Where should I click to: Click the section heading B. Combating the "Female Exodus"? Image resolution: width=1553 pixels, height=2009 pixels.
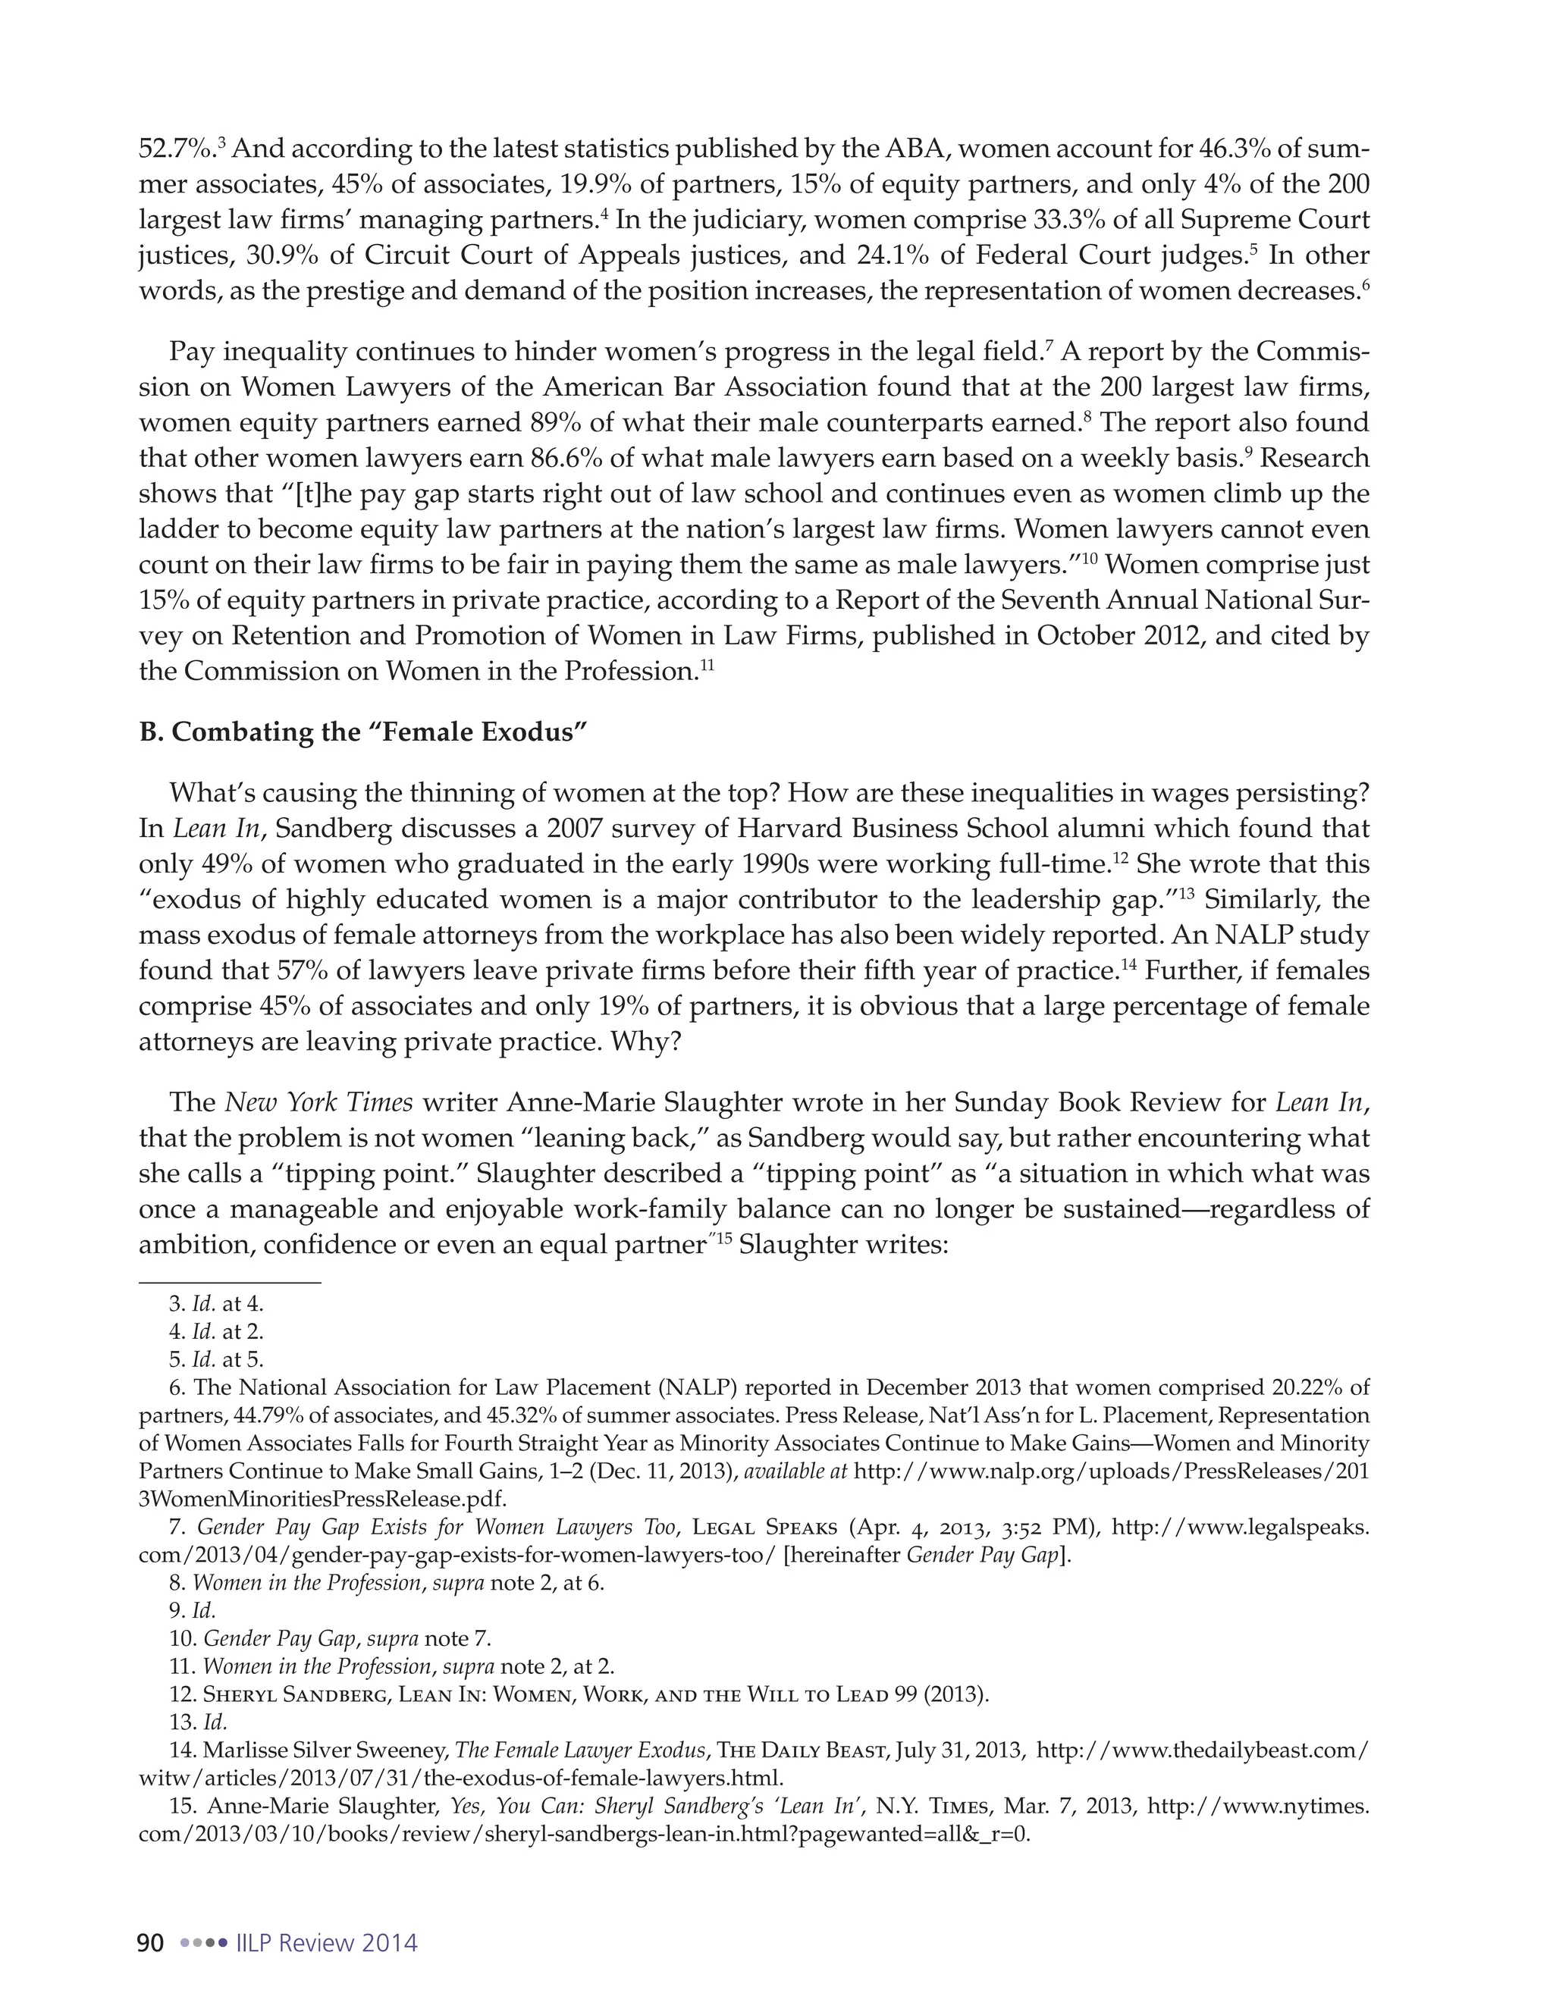click(x=362, y=732)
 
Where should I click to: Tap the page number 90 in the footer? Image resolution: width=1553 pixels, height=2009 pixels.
click(x=150, y=1943)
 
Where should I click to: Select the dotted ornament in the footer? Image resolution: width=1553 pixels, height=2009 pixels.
click(x=203, y=1944)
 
